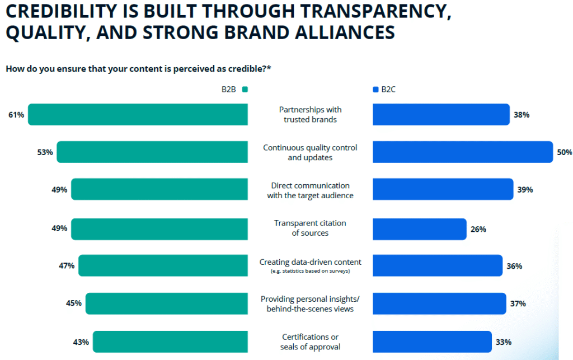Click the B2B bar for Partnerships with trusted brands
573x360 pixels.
[138, 114]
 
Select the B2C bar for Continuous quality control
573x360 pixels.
[463, 152]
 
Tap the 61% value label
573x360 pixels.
[16, 115]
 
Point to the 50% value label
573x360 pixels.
[564, 152]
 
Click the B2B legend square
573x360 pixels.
[245, 89]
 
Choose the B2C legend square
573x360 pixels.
[375, 89]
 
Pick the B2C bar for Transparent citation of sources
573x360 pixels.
[419, 229]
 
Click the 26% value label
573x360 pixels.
[478, 229]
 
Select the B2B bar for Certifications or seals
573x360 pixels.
[170, 342]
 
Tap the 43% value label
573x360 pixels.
[81, 342]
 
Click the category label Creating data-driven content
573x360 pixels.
[310, 262]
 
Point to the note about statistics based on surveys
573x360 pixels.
[310, 272]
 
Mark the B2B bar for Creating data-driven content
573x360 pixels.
[163, 265]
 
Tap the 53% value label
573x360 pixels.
[45, 152]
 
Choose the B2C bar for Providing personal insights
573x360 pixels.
[439, 303]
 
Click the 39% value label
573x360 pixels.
[525, 190]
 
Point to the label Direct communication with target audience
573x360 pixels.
[310, 190]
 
